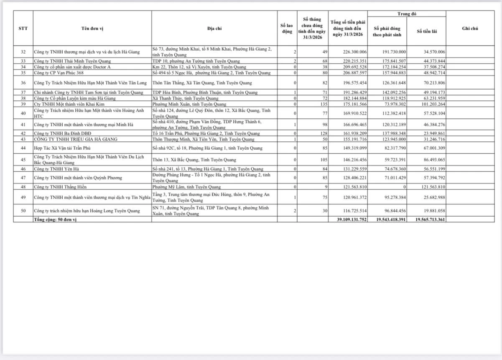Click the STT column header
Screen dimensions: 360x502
[x=23, y=28]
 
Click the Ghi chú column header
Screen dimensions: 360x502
[x=470, y=28]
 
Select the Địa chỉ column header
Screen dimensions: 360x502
[x=214, y=28]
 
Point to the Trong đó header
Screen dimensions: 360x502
[x=407, y=14]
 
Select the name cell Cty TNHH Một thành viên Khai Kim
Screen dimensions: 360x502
[x=66, y=104]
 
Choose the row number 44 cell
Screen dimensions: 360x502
[x=23, y=148]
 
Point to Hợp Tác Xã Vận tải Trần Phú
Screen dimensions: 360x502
[x=62, y=148]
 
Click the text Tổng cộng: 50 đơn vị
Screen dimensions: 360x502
[x=55, y=220]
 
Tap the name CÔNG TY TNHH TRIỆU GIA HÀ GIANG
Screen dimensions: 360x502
[x=76, y=139]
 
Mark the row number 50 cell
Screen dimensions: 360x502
[x=23, y=211]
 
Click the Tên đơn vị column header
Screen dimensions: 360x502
[x=92, y=28]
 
